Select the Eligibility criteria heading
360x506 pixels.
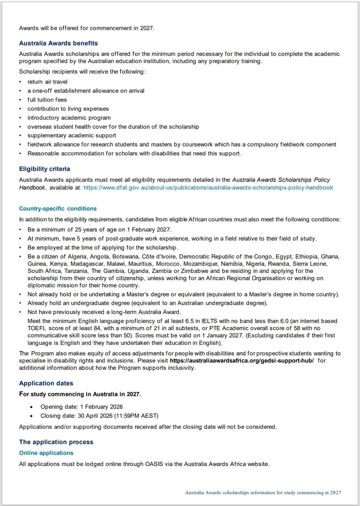pos(44,169)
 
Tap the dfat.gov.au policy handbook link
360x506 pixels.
pos(208,187)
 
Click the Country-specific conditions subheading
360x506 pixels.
pos(58,208)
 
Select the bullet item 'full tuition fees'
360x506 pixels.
pos(48,100)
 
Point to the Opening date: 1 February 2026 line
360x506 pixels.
pos(81,406)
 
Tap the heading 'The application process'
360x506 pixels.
pos(56,442)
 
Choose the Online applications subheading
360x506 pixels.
pos(46,453)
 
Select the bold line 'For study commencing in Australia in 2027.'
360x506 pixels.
pos(80,394)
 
